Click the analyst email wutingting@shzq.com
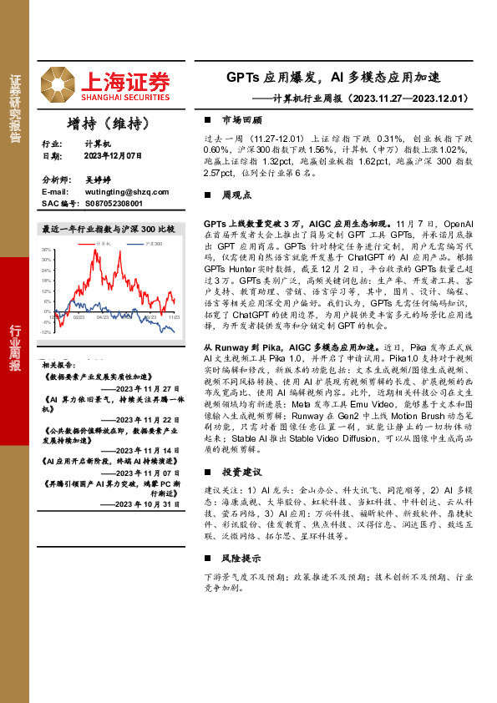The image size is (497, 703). [x=123, y=191]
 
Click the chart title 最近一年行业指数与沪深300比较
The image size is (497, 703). [x=108, y=228]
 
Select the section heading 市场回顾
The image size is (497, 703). [x=238, y=120]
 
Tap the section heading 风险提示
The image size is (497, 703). [x=238, y=559]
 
